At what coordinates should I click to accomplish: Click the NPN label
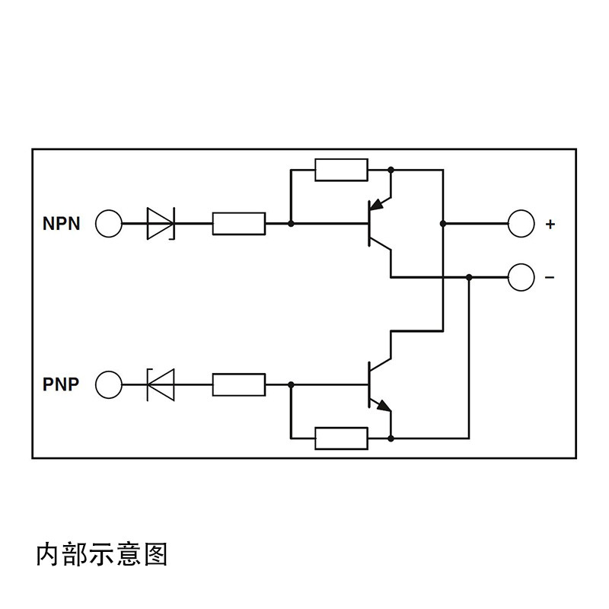61,224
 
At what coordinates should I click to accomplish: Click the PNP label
61,384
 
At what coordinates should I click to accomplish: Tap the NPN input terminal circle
109,224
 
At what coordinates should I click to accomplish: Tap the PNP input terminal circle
109,384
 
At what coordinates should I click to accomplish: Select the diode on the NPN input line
161,224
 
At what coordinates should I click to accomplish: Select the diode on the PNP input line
161,384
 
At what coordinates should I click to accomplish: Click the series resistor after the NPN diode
239,224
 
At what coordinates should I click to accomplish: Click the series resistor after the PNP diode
239,384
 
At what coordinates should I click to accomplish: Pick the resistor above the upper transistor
341,170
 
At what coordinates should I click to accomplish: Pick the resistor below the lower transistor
341,438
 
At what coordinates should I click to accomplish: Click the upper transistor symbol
377,224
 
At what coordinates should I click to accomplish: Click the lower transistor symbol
377,384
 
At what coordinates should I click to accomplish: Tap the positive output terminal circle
521,224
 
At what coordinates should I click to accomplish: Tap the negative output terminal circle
521,277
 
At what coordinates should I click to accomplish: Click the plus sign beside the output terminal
550,225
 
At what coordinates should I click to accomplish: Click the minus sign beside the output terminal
550,278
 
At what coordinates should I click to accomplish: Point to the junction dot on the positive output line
442,224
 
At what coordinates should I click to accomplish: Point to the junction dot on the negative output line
469,277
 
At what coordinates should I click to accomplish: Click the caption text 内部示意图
102,554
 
